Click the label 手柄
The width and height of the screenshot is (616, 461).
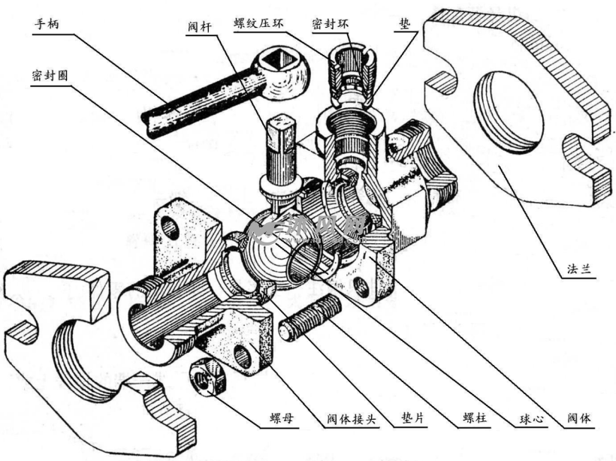pyautogui.click(x=47, y=24)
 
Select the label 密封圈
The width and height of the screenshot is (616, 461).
pyautogui.click(x=50, y=75)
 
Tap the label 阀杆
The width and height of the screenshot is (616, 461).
pyautogui.click(x=200, y=27)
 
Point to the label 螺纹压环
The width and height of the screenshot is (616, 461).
pyautogui.click(x=258, y=23)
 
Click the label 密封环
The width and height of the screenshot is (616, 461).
pyautogui.click(x=331, y=23)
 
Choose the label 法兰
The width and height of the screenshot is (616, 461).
pyautogui.click(x=578, y=269)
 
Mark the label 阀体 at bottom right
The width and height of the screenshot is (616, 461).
pyautogui.click(x=578, y=418)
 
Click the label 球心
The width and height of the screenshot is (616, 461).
pyautogui.click(x=531, y=419)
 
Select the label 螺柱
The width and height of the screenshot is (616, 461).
pyautogui.click(x=475, y=417)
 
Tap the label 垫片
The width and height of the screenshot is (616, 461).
pyautogui.click(x=413, y=417)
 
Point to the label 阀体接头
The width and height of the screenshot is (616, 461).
pyautogui.click(x=352, y=419)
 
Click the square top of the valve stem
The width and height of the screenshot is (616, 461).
pyautogui.click(x=280, y=126)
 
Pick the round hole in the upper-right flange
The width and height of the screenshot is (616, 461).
pyautogui.click(x=509, y=113)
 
